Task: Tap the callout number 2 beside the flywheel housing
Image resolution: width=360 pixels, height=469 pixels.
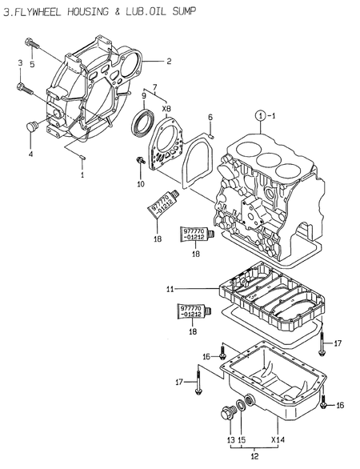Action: click(x=170, y=61)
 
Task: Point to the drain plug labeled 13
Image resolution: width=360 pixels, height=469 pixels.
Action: click(x=226, y=414)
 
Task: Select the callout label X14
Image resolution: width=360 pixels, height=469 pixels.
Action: click(x=277, y=439)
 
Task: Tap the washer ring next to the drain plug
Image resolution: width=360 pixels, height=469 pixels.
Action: click(x=247, y=402)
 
